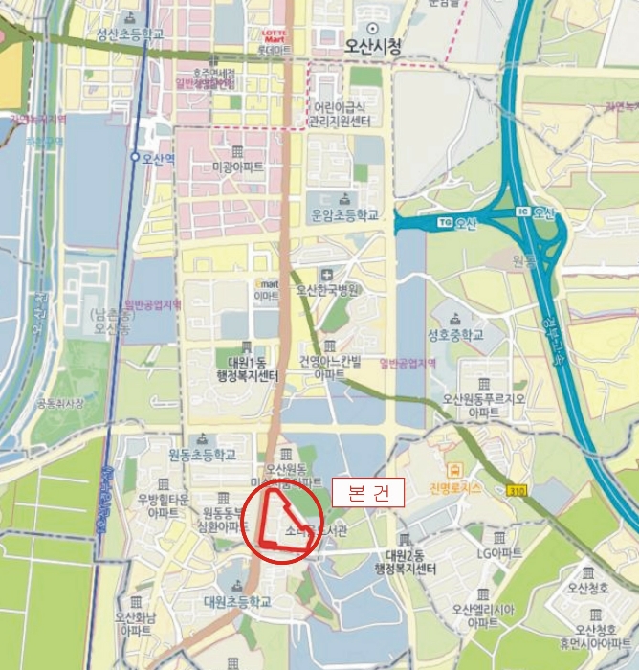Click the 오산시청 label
coord(372,44)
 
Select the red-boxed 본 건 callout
coord(368,493)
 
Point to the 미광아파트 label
coord(236,167)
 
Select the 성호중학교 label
coord(455,335)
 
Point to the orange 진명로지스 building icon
coord(453,469)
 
